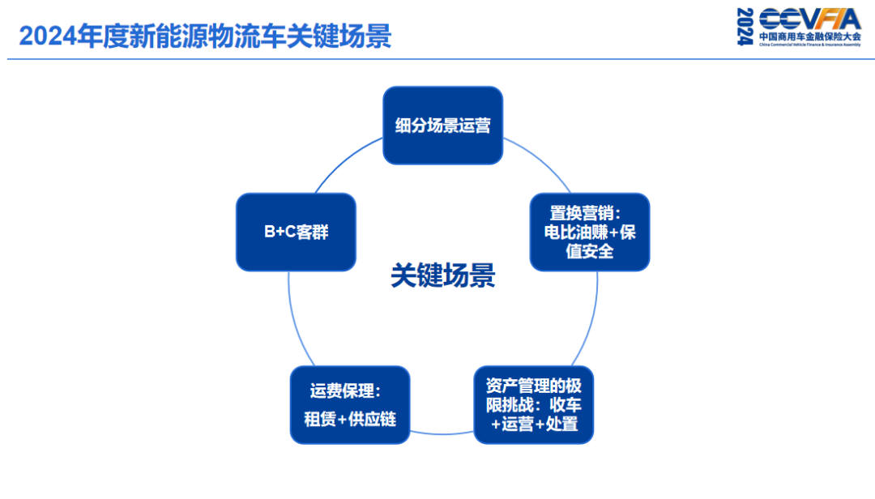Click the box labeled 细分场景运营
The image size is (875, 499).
click(442, 126)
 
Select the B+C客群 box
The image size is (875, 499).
click(296, 232)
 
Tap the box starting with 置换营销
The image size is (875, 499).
click(590, 232)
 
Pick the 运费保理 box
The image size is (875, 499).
click(350, 404)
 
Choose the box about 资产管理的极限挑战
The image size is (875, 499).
click(533, 404)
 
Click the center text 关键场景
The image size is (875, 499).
click(442, 276)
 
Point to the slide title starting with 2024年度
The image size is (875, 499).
click(205, 36)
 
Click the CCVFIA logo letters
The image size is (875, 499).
click(809, 19)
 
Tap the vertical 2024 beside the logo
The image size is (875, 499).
click(745, 27)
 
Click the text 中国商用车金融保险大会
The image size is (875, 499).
click(809, 37)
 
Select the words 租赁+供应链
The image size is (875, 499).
click(350, 420)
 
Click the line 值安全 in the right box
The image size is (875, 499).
click(590, 251)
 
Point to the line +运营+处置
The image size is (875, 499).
click(535, 424)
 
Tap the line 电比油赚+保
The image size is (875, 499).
click(590, 232)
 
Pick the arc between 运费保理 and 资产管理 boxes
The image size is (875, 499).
click(442, 433)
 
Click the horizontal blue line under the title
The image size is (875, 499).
click(437, 59)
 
